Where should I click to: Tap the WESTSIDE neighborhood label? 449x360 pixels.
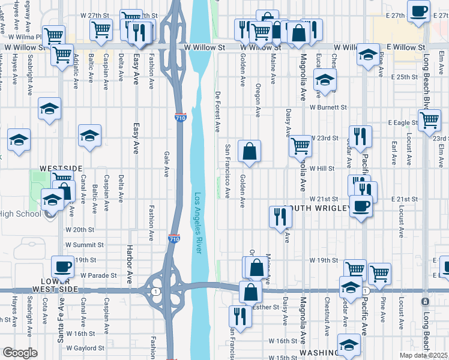[60, 169]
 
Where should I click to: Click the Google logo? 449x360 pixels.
[20, 353]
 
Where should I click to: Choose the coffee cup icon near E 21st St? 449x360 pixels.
[361, 206]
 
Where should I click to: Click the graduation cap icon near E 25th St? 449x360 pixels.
[325, 80]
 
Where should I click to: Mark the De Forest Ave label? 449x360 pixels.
[217, 112]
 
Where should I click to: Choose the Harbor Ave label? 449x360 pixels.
[128, 258]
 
